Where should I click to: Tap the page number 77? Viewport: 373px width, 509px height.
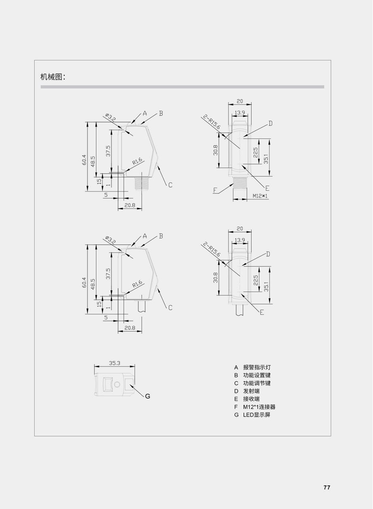coord(327,487)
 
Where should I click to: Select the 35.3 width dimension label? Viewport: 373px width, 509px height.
coord(114,363)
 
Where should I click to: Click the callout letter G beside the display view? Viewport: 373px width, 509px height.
coord(148,396)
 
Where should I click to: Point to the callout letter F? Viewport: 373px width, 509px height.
coord(215,190)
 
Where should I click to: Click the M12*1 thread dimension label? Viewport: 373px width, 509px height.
coord(260,196)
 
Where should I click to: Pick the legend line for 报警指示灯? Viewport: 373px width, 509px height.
coord(252,367)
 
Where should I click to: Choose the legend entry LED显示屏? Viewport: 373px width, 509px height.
coord(252,415)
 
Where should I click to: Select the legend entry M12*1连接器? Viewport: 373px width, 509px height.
coord(255,407)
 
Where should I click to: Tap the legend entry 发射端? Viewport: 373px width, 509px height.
coord(247,391)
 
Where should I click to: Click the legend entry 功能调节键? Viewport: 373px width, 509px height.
coord(252,383)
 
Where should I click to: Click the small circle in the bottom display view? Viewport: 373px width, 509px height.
coord(117,384)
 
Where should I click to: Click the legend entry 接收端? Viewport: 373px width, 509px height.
coord(247,399)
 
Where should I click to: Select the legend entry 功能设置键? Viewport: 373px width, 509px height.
coord(252,375)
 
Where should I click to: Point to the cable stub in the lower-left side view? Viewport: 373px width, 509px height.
coord(141,306)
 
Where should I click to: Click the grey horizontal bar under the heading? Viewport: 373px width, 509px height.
coord(182,87)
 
